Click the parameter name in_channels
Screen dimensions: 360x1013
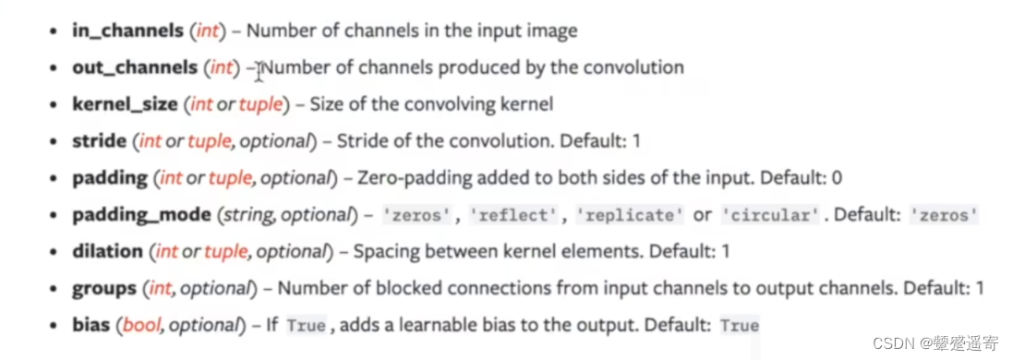[x=127, y=30]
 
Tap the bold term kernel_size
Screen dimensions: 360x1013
[x=124, y=104]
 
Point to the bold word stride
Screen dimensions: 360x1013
[x=99, y=141]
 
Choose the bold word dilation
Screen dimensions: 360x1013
[x=107, y=251]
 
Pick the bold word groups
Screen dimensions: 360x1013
[x=103, y=288]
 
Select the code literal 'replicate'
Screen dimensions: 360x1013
[x=631, y=215]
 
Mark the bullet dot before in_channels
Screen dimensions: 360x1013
[x=54, y=30]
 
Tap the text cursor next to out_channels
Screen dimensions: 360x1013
[x=259, y=68]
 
